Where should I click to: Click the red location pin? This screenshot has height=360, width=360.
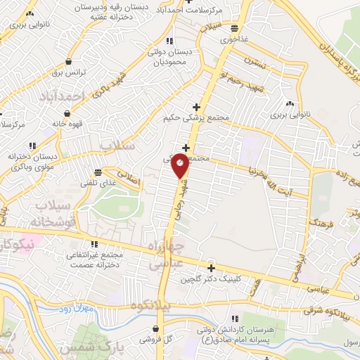pyautogui.click(x=180, y=165)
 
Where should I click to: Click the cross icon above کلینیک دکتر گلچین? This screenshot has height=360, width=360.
pyautogui.click(x=210, y=267)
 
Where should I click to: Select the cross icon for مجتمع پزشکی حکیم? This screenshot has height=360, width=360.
pyautogui.click(x=197, y=108)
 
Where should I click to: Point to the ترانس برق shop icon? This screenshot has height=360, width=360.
pyautogui.click(x=67, y=61)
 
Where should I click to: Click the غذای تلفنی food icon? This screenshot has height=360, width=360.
pyautogui.click(x=98, y=172)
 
